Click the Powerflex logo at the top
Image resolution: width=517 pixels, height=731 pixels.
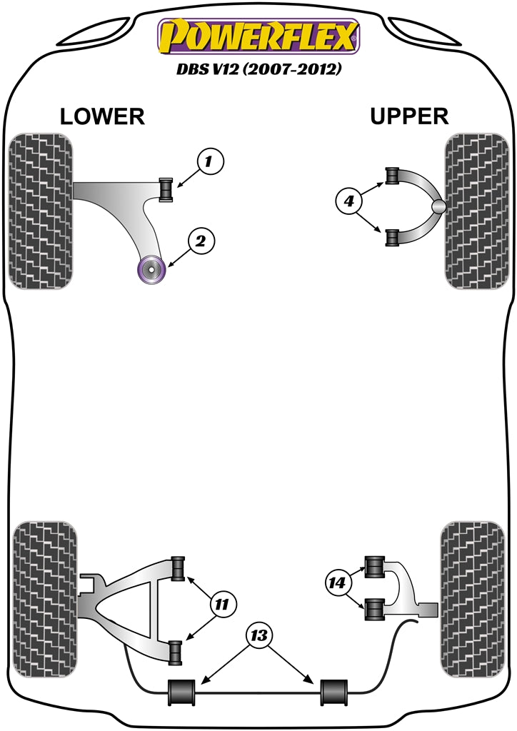258,36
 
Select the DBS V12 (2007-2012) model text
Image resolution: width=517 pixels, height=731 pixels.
258,71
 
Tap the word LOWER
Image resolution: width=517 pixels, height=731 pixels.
102,116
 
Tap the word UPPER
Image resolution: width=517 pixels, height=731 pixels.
409,116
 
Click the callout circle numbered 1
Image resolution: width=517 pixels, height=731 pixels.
209,162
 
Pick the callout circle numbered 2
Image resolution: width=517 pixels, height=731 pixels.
201,242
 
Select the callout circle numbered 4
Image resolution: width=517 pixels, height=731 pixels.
348,203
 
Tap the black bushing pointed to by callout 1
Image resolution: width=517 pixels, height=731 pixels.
166,189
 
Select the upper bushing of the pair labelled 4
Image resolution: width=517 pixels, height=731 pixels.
391,175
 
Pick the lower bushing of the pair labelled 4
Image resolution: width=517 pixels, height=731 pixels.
391,238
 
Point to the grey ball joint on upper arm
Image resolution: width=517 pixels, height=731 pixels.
439,206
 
